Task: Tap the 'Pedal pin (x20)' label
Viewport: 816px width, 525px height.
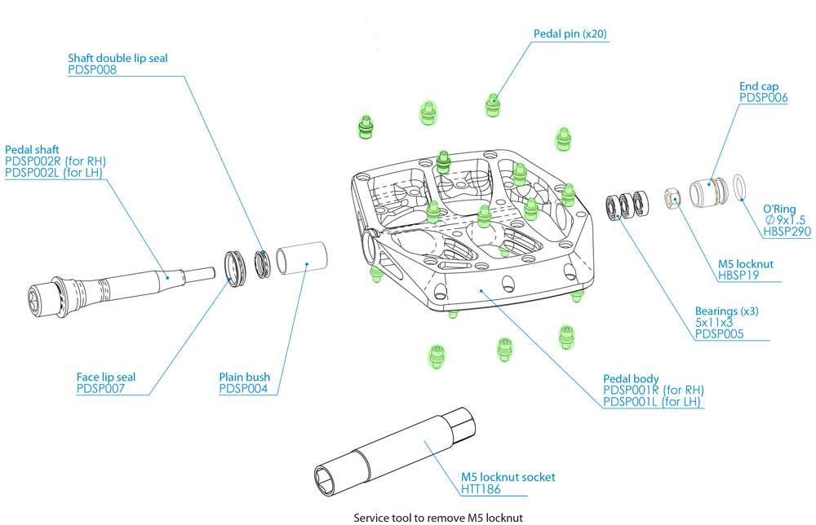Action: (570, 34)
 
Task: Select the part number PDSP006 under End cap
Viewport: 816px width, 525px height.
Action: (763, 97)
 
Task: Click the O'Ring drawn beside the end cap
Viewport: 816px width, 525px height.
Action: (740, 187)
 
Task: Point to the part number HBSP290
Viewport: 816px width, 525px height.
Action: (787, 232)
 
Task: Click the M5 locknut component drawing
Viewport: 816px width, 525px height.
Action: (672, 196)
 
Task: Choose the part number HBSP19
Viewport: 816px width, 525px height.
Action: (738, 276)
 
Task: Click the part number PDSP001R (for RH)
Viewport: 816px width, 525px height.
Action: (653, 390)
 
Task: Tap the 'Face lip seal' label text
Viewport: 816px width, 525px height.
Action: (105, 377)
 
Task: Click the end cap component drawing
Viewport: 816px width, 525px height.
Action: (705, 192)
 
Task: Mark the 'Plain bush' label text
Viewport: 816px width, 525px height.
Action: (244, 377)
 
